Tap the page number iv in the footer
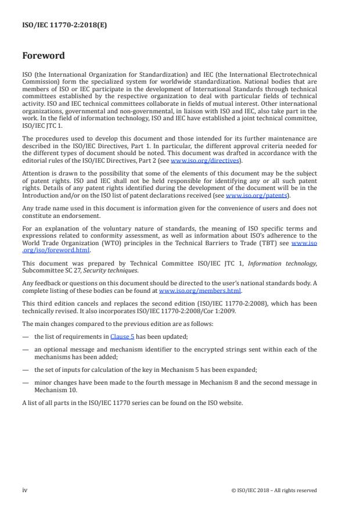25,490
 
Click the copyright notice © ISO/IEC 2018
274,490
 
